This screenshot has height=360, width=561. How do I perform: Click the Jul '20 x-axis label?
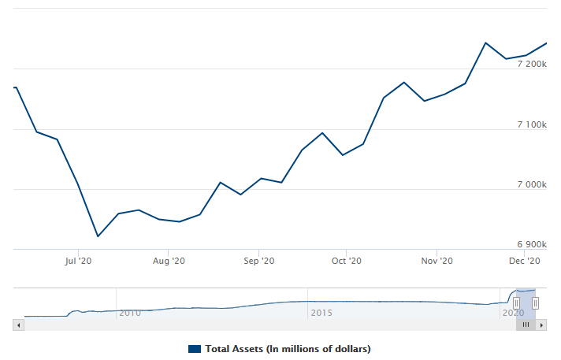pyautogui.click(x=79, y=261)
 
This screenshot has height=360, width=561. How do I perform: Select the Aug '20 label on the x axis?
pyautogui.click(x=168, y=261)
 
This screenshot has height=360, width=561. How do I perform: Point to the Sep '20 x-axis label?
pyautogui.click(x=258, y=261)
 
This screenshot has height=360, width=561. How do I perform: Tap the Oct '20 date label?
pyautogui.click(x=346, y=261)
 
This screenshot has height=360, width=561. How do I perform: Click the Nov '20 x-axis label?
pyautogui.click(x=437, y=261)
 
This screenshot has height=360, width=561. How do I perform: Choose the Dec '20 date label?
pyautogui.click(x=524, y=261)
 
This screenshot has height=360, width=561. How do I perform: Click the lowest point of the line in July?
pyautogui.click(x=98, y=236)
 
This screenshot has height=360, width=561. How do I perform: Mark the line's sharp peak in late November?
pyautogui.click(x=485, y=43)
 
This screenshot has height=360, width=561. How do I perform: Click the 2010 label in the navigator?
pyautogui.click(x=130, y=313)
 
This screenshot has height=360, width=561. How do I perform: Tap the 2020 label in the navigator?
pyautogui.click(x=513, y=313)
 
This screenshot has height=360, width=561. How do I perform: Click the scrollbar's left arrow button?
pyautogui.click(x=19, y=325)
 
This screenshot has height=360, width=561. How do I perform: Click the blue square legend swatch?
pyautogui.click(x=195, y=348)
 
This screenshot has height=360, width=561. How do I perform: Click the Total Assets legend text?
pyautogui.click(x=288, y=348)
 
